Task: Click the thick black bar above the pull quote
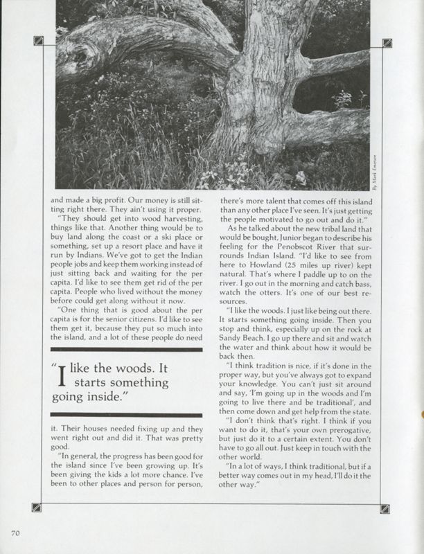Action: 122,350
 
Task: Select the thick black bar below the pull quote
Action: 122,414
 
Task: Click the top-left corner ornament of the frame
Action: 38,40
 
